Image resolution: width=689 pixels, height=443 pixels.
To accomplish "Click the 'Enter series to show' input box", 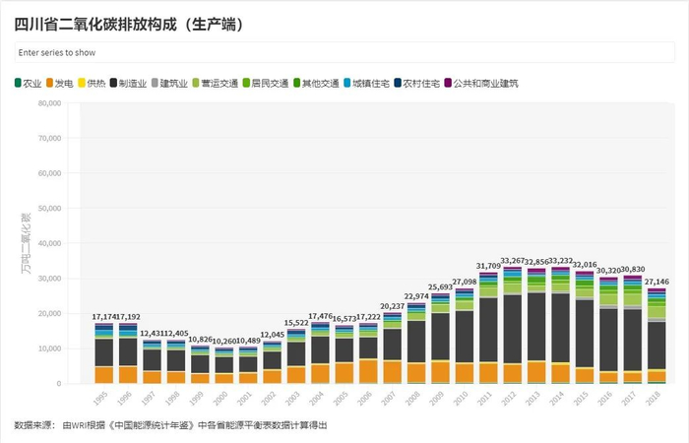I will tap(344, 52).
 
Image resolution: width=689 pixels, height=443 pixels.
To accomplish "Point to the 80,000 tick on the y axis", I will tap(48, 103).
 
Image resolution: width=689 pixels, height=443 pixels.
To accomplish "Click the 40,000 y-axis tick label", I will tap(48, 243).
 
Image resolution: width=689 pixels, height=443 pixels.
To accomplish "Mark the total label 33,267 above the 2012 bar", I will tap(513, 261).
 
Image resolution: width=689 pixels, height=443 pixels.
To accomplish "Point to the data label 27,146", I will tap(657, 282).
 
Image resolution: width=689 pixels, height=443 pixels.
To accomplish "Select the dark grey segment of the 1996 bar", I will tap(128, 351).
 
